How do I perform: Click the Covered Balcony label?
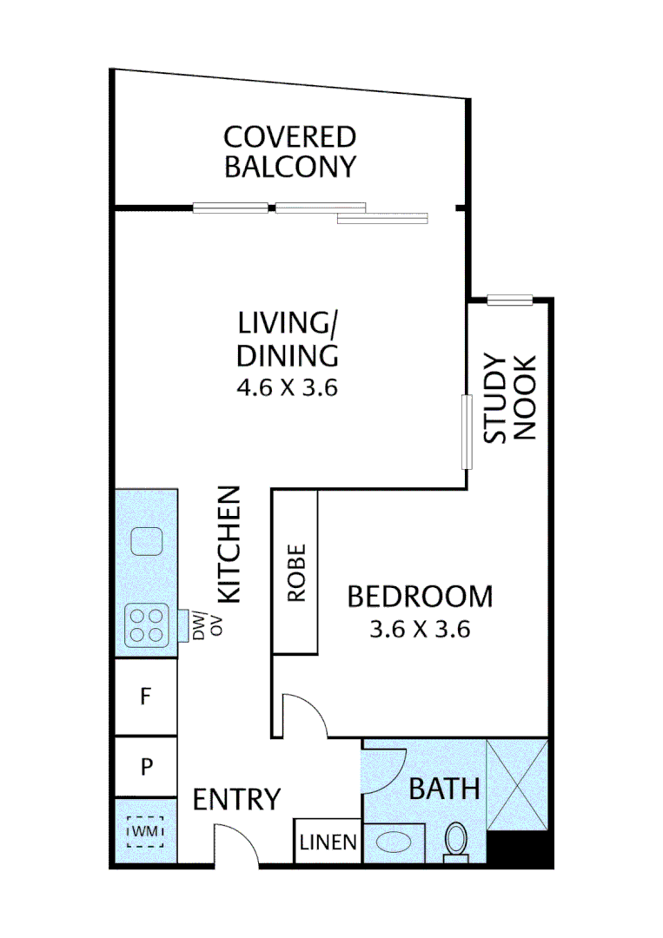coord(289,151)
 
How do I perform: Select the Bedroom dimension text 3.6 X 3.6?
coord(420,630)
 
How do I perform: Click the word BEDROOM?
coord(420,598)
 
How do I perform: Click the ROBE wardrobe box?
coord(296,572)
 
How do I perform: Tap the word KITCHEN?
coord(228,545)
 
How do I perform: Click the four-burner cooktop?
coord(146,624)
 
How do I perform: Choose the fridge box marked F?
coord(146,697)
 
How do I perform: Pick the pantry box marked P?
coord(146,767)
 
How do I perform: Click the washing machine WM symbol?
coord(144,833)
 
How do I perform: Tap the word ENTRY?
coord(236,799)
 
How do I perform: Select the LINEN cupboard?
coord(328,842)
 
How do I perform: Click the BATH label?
coord(444,789)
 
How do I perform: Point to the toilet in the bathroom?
coord(455,842)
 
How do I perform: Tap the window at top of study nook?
coord(509,301)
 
